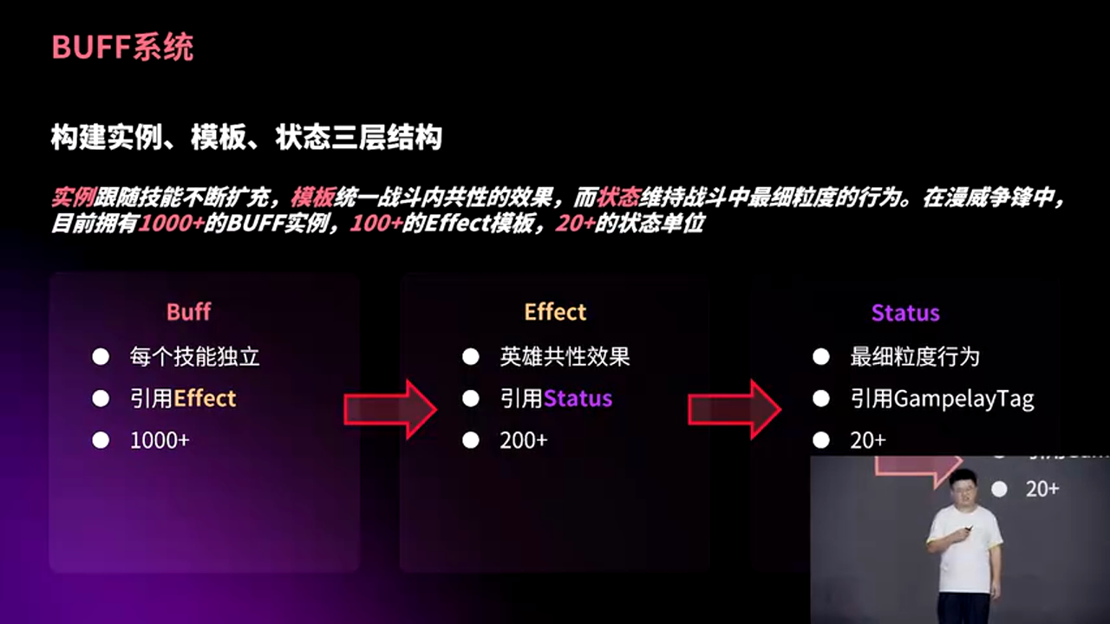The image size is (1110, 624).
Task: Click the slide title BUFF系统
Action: (x=122, y=48)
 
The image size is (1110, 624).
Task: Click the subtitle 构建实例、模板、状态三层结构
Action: (x=246, y=138)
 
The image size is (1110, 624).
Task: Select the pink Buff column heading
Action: (x=188, y=312)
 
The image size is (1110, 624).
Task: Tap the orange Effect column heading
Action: (x=555, y=312)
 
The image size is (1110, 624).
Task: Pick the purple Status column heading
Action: (x=905, y=313)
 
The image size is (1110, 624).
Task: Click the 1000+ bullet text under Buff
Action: (x=160, y=440)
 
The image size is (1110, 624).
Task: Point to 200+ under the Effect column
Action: (x=523, y=440)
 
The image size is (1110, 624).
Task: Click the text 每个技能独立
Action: (x=194, y=356)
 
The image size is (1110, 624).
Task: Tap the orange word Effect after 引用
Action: (x=205, y=399)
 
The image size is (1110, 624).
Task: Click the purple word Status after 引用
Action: (x=578, y=399)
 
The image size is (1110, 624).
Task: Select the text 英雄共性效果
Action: (x=565, y=356)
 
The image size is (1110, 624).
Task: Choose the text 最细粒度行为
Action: (x=914, y=356)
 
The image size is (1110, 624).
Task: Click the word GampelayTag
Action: (x=963, y=399)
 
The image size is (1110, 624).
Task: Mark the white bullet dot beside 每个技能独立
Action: (x=101, y=356)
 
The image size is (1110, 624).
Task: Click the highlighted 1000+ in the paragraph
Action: (x=171, y=224)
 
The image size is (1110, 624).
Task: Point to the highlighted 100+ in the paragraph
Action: (x=375, y=224)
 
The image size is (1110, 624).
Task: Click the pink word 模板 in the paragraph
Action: (x=313, y=198)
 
